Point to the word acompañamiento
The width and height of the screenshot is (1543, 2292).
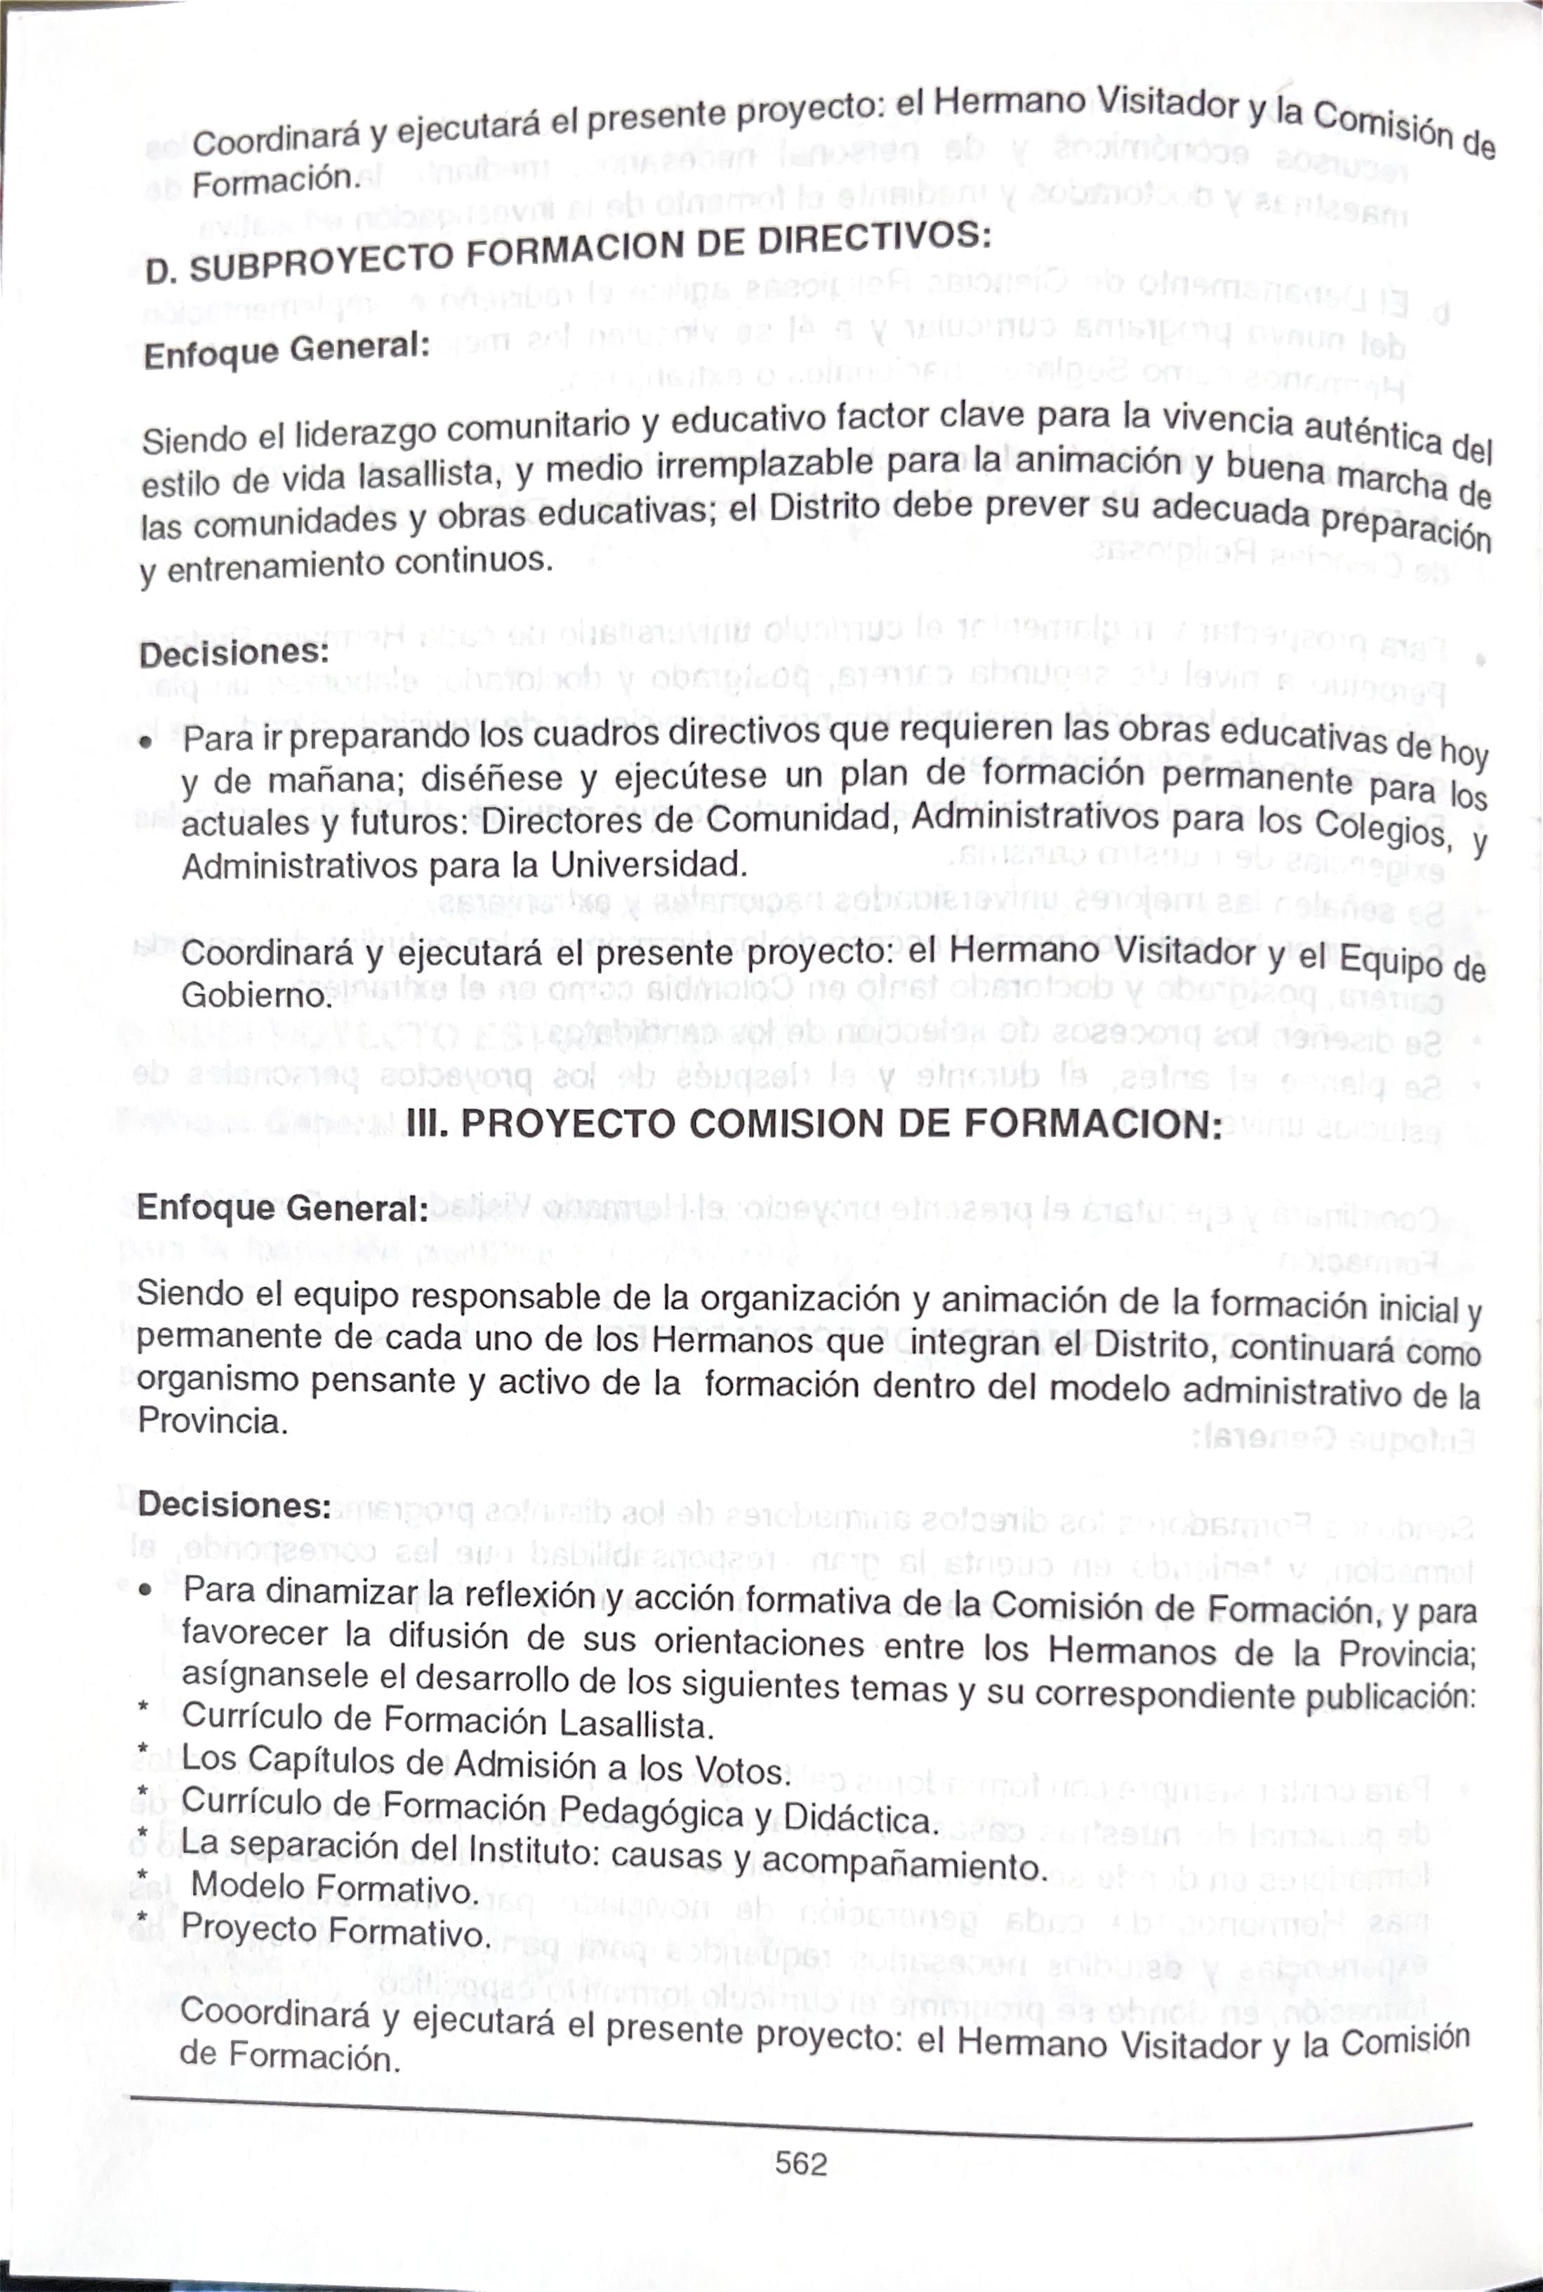901,1862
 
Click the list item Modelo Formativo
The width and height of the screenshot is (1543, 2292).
333,1887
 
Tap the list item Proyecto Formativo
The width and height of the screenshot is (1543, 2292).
335,1930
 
